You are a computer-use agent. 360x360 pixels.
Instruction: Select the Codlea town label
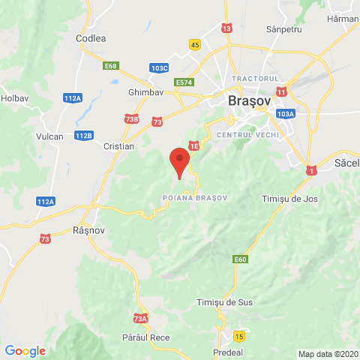point(91,37)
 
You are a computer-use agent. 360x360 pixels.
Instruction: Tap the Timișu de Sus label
point(223,301)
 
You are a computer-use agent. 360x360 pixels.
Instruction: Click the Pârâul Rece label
point(145,338)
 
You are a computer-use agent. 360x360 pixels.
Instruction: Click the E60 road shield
point(240,259)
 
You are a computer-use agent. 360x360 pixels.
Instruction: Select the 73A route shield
point(141,318)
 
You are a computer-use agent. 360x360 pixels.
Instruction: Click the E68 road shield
point(112,66)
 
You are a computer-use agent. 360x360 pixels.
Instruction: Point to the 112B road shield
point(84,135)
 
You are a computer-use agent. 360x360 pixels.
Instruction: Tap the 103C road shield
point(159,67)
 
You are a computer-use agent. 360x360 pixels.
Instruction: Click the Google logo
point(25,351)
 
